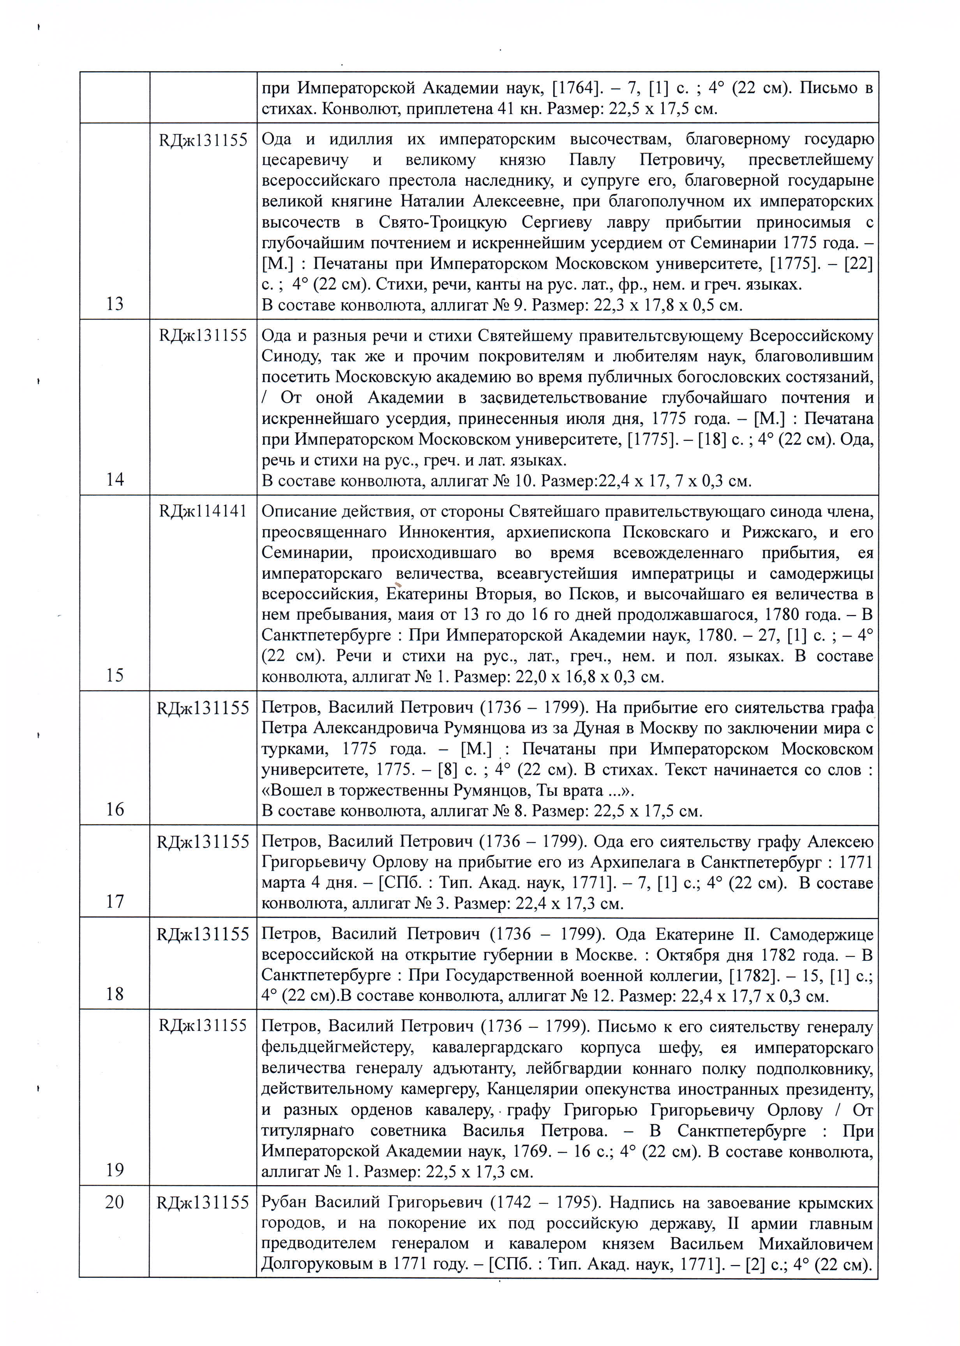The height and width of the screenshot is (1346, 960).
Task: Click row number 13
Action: pos(115,304)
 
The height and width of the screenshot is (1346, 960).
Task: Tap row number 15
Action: pos(115,675)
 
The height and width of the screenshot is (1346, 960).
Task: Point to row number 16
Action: pos(115,809)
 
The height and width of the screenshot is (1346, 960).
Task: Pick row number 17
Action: pos(115,901)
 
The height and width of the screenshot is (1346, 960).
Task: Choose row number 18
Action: pos(115,994)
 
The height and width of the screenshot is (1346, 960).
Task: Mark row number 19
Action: pos(115,1169)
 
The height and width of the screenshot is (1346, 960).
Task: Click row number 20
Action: pos(115,1202)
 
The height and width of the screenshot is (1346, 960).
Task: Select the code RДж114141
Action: pos(203,511)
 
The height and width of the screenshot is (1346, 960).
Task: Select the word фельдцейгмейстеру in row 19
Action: pos(337,1048)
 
